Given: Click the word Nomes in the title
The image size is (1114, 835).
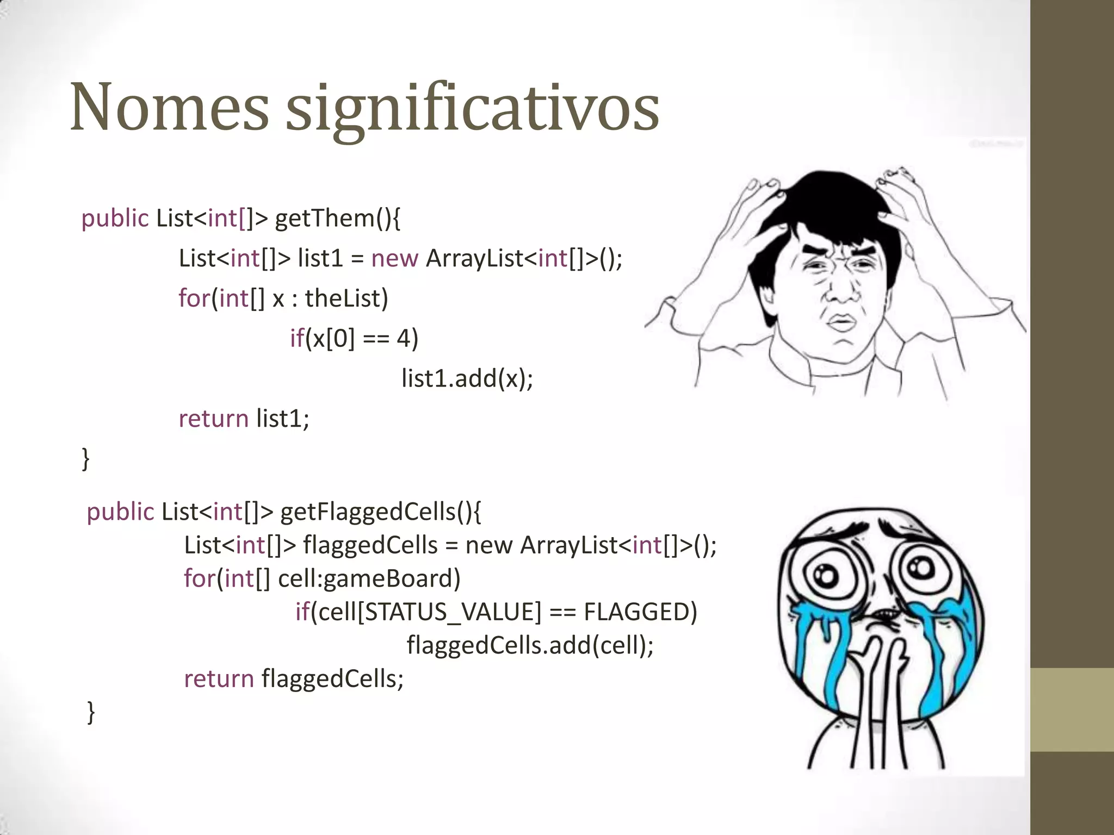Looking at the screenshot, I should coord(169,107).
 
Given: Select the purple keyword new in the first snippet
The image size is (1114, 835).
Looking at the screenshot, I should coord(394,258).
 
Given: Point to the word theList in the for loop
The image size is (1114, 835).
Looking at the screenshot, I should coord(346,298).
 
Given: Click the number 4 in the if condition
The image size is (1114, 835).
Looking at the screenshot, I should coord(403,339).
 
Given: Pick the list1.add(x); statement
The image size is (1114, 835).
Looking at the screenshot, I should coord(467,378).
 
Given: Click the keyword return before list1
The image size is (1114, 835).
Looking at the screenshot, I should coord(213,419).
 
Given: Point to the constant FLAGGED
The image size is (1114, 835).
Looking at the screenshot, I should coord(640,612).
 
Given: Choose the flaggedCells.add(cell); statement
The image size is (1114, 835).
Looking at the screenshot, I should coord(530,645).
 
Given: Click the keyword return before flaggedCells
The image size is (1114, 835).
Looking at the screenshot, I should coord(219,679).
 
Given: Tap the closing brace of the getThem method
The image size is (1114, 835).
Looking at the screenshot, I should coord(85,458).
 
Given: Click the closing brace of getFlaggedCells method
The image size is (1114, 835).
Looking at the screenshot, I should coord(91,712).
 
